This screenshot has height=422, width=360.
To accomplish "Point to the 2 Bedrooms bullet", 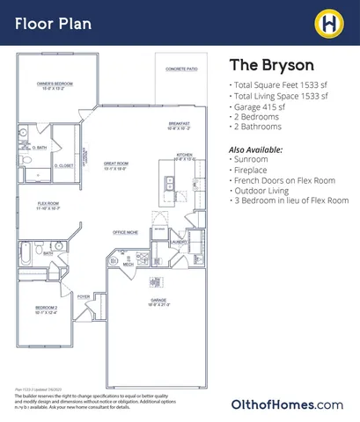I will tap(265, 118).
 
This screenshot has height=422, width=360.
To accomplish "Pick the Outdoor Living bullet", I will tap(266, 190).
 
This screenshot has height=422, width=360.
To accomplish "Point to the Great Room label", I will tap(116, 164).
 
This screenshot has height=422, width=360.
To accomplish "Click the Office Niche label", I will tap(125, 232).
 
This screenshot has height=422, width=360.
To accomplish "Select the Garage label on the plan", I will tap(158, 301).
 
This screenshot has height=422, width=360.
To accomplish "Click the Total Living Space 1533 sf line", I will tap(280, 95).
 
